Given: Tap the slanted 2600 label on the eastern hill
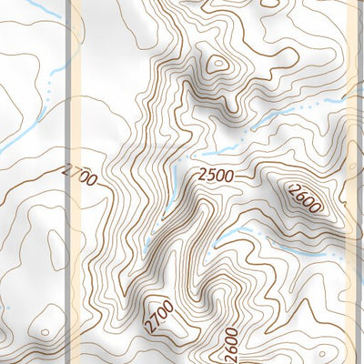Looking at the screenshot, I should (x=302, y=197).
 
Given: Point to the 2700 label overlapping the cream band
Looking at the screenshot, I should (x=80, y=176).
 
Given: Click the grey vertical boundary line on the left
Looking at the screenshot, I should (x=68, y=182).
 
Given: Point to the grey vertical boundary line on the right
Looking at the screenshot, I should (x=353, y=182).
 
